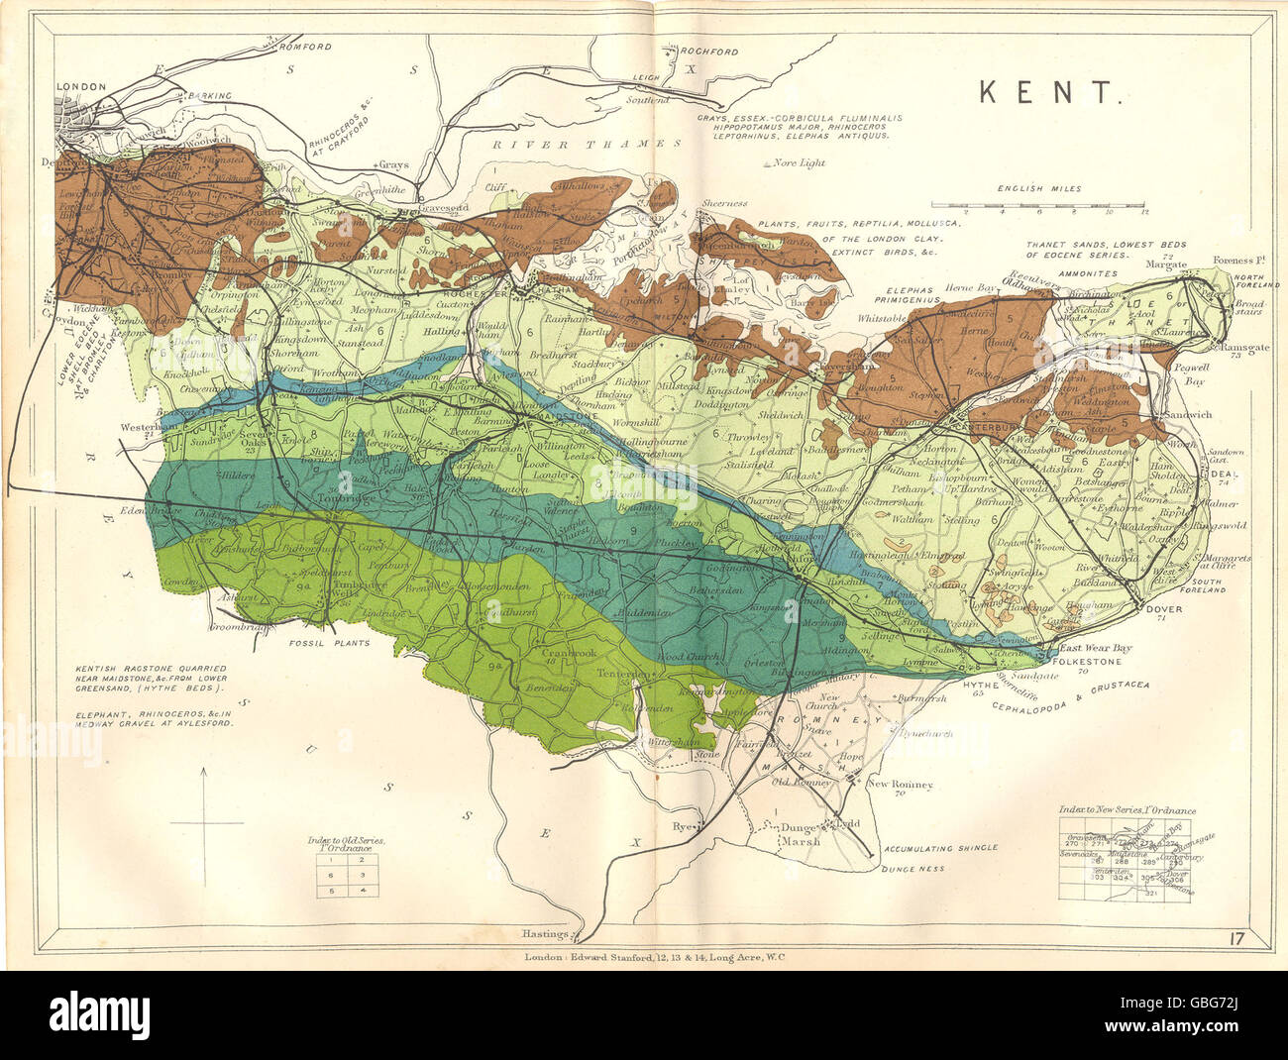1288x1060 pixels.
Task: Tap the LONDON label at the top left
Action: pyautogui.click(x=81, y=87)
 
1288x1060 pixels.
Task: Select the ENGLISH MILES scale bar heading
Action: pyautogui.click(x=1037, y=188)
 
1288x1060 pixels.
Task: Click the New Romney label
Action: pyautogui.click(x=901, y=785)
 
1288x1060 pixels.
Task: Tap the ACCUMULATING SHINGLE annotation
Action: pyautogui.click(x=941, y=849)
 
